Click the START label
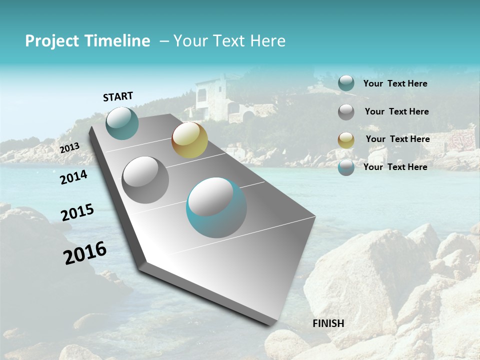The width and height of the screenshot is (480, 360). pyautogui.click(x=118, y=96)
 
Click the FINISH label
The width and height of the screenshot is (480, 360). pyautogui.click(x=328, y=323)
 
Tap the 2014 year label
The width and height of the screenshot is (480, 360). pyautogui.click(x=73, y=177)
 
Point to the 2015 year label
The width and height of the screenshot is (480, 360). pyautogui.click(x=77, y=212)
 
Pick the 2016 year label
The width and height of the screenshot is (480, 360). pyautogui.click(x=85, y=253)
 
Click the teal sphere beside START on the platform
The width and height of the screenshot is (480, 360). pyautogui.click(x=122, y=123)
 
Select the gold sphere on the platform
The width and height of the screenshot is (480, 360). pyautogui.click(x=189, y=140)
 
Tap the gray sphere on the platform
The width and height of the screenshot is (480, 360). pyautogui.click(x=145, y=179)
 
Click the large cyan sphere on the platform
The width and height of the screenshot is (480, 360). pyautogui.click(x=216, y=207)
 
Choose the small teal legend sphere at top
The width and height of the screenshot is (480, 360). pyautogui.click(x=346, y=83)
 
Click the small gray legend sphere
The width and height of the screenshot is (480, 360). pyautogui.click(x=346, y=112)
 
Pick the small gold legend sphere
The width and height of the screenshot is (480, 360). pyautogui.click(x=346, y=140)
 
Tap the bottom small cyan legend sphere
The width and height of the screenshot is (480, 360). pyautogui.click(x=346, y=167)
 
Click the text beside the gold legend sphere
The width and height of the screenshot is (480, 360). pyautogui.click(x=397, y=139)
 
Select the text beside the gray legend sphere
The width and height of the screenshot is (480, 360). pyautogui.click(x=396, y=111)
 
